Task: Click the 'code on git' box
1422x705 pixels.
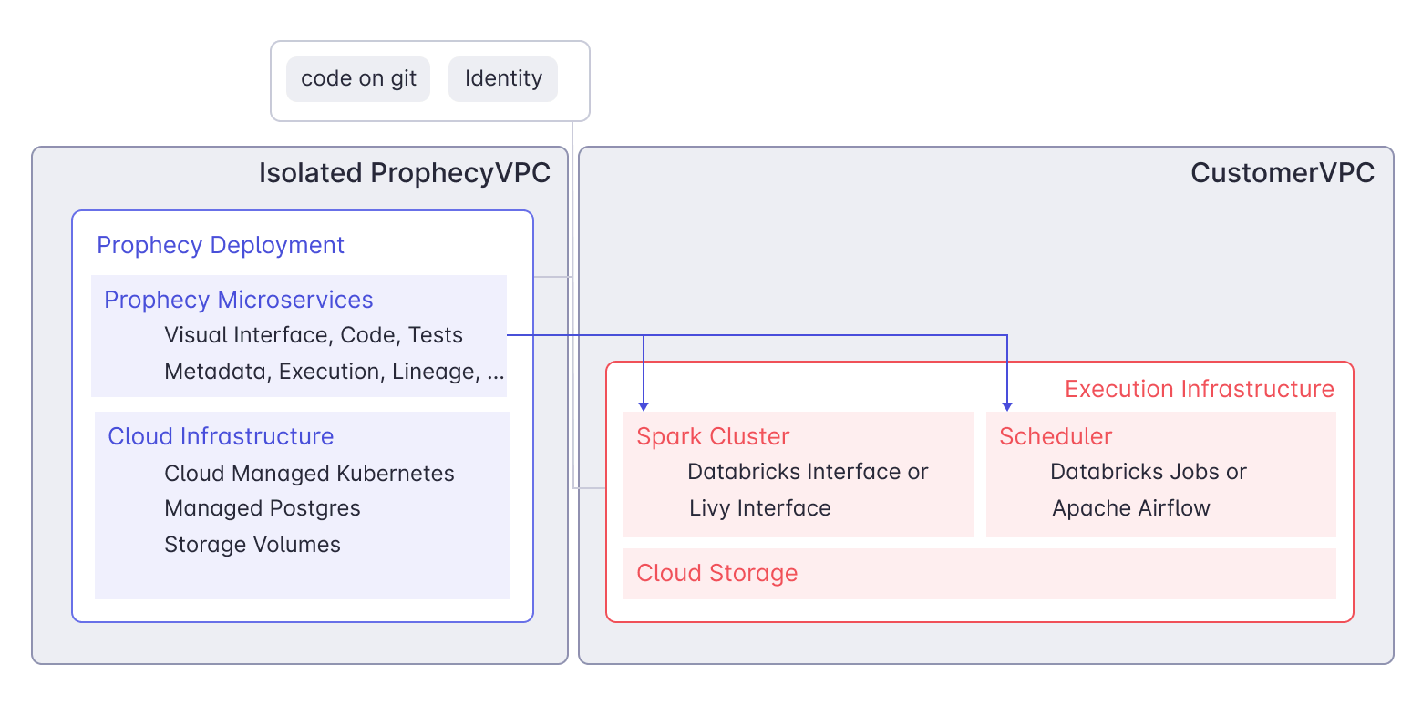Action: (x=358, y=79)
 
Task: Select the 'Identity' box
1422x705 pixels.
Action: (x=503, y=79)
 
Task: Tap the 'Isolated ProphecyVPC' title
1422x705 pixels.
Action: (x=405, y=173)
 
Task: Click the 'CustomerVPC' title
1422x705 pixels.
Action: (x=1283, y=173)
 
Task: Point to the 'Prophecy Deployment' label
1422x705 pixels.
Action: (x=221, y=246)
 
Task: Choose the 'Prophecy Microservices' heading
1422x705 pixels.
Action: (x=239, y=300)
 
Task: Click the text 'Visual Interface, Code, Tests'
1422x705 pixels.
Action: (x=314, y=335)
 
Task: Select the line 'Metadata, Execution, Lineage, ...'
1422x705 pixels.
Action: (x=334, y=372)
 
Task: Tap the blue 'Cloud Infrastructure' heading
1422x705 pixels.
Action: (x=221, y=436)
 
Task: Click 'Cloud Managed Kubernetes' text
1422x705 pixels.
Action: (x=309, y=474)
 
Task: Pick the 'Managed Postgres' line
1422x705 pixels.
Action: (x=263, y=508)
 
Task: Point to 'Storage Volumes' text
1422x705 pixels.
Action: (x=252, y=545)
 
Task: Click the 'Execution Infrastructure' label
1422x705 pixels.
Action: (x=1199, y=390)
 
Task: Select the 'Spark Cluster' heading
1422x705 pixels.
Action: (x=713, y=436)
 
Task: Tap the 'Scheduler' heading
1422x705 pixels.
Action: (x=1056, y=436)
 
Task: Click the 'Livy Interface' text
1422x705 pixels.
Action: (x=759, y=508)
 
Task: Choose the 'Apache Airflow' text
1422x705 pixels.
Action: (x=1131, y=508)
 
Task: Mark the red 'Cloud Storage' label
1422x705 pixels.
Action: (x=716, y=573)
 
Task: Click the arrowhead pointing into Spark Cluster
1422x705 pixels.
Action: (x=644, y=404)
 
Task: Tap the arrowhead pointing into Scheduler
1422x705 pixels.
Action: (x=1007, y=404)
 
